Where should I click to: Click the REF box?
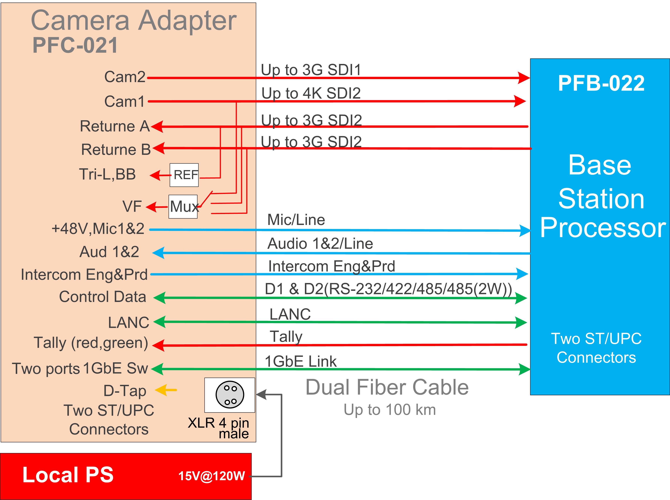click(x=184, y=175)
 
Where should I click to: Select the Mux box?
click(x=183, y=207)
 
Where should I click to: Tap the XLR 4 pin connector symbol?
click(x=230, y=395)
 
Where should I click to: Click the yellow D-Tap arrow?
click(x=166, y=390)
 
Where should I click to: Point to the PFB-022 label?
click(x=601, y=83)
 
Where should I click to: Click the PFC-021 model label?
click(x=75, y=45)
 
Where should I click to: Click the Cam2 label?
click(x=125, y=77)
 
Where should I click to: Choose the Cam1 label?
click(x=125, y=101)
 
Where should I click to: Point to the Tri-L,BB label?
click(x=107, y=174)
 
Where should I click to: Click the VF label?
click(x=132, y=206)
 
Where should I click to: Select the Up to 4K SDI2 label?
click(x=311, y=93)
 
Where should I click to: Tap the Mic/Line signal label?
click(x=296, y=220)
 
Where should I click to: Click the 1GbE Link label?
click(x=301, y=361)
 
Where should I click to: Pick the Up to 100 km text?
click(x=390, y=410)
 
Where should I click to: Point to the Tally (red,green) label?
click(x=91, y=343)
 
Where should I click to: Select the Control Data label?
click(x=103, y=297)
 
